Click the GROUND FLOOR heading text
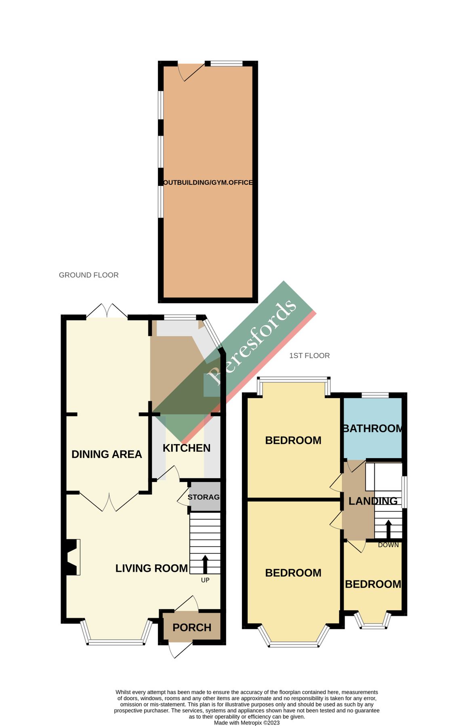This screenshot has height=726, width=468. [x=89, y=275]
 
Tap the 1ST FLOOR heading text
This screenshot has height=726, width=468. [x=309, y=355]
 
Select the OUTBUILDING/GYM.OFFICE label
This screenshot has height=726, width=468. [x=208, y=182]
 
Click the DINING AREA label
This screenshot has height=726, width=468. [x=107, y=454]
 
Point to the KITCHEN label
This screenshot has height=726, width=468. [x=187, y=448]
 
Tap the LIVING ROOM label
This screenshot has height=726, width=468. [x=151, y=568]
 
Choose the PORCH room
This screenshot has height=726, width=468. [x=192, y=627]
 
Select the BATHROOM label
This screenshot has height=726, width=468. [x=372, y=428]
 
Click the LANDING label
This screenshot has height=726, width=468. [x=373, y=501]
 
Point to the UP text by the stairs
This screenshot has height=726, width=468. [x=205, y=580]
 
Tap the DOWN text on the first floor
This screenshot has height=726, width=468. [x=388, y=545]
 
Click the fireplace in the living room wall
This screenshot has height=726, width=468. [x=71, y=557]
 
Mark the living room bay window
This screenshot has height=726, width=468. [x=116, y=642]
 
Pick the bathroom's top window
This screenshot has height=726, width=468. [x=375, y=395]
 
